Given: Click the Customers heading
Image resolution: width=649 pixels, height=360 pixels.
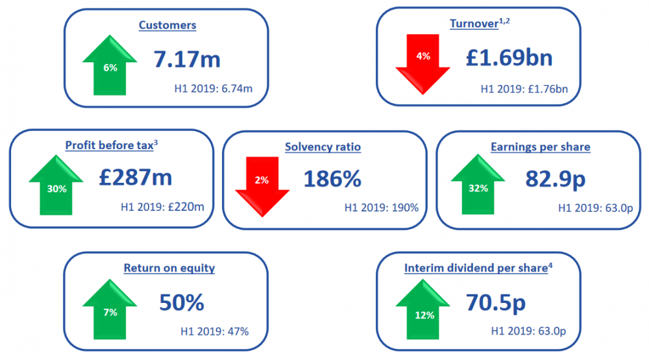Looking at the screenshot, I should (167, 25).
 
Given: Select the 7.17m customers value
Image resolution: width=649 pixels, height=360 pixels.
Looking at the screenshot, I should (187, 59).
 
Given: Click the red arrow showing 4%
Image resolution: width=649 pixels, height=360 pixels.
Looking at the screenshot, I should (423, 61).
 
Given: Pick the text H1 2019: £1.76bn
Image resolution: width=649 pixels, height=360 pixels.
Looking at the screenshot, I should (524, 88).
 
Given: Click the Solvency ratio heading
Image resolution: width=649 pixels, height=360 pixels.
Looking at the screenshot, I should (323, 147).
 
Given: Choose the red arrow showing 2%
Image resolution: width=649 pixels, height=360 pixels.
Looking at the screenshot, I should (262, 185).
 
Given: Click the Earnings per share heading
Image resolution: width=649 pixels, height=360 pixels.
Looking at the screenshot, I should (540, 147).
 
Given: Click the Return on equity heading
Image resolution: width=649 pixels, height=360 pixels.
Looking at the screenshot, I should (169, 268).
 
